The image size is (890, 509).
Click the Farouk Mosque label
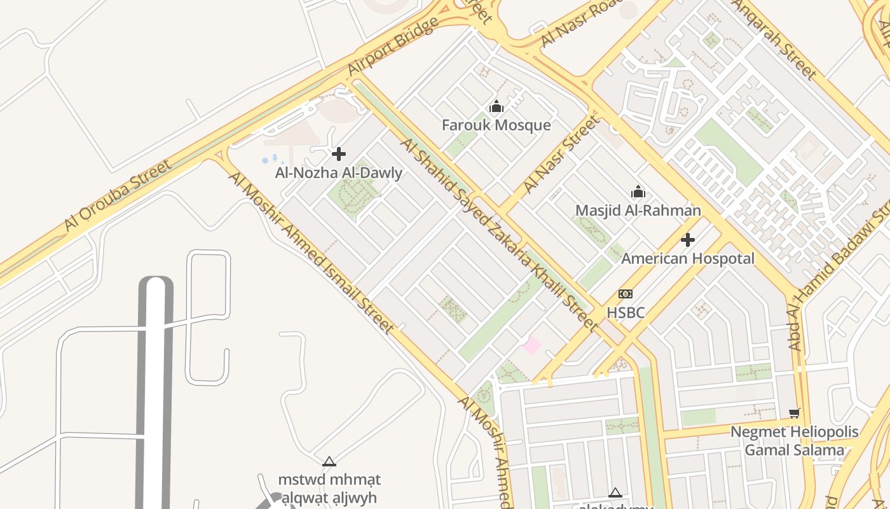click(x=496, y=125)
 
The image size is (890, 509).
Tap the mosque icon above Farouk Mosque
click(x=496, y=107)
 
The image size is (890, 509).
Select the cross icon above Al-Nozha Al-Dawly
click(x=339, y=154)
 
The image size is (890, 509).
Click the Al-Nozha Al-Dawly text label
click(x=338, y=172)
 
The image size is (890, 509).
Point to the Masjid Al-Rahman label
click(x=638, y=210)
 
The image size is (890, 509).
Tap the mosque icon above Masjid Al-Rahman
click(x=638, y=192)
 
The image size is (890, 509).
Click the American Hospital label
click(x=687, y=258)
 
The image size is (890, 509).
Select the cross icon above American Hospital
click(x=687, y=240)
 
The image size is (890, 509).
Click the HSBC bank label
click(x=626, y=312)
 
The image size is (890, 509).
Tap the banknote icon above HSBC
click(x=626, y=294)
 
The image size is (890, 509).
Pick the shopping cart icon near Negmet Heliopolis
click(x=794, y=414)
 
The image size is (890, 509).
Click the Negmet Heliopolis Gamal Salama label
click(x=794, y=441)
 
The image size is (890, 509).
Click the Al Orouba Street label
click(x=118, y=196)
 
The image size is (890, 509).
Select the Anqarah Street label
click(x=774, y=39)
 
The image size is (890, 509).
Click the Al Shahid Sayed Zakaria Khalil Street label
click(x=499, y=235)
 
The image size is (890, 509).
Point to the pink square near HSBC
click(x=531, y=345)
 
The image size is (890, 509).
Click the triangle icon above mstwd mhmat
click(x=329, y=462)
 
